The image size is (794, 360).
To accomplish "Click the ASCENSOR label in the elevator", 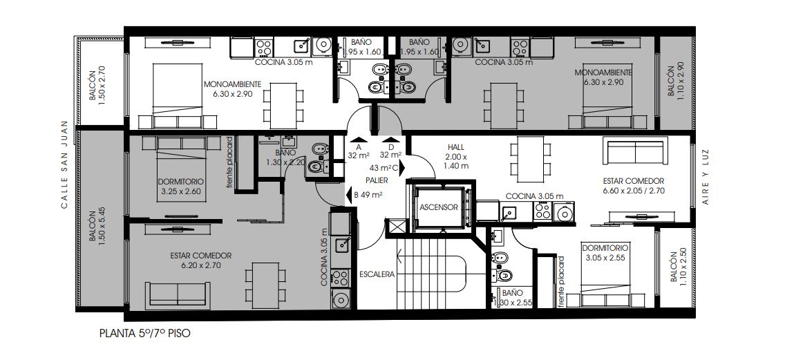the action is [439, 207].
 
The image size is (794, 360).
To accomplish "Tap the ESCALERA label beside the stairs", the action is [377, 274].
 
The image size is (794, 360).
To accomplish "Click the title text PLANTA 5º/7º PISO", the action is [145, 334].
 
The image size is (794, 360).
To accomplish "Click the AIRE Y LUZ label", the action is [706, 177].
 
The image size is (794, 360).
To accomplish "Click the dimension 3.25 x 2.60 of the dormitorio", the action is [181, 191].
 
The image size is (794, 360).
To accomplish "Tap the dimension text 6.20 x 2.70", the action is [201, 265].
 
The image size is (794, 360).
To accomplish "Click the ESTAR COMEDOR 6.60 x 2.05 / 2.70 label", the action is [634, 186].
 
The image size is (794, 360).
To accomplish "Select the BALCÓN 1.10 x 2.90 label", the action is [675, 79].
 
